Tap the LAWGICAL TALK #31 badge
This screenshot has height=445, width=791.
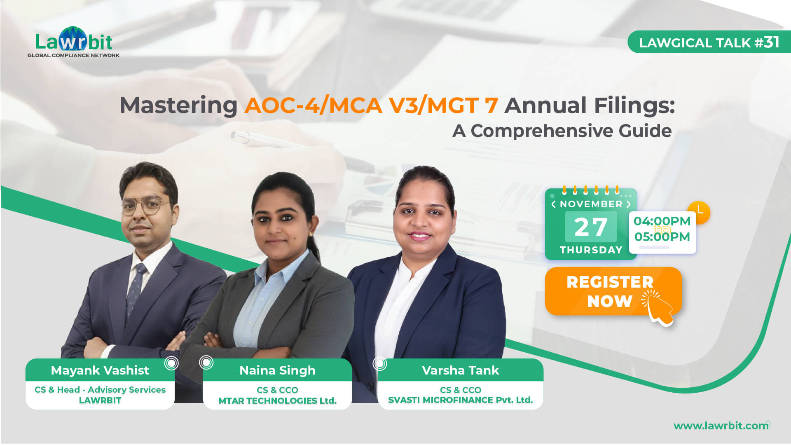click(x=709, y=42)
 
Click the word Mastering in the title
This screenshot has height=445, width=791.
click(x=178, y=105)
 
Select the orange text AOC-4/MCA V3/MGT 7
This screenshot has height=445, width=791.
click(x=371, y=105)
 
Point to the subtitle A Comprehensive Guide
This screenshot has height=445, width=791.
click(x=562, y=131)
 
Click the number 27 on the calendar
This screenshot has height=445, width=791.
click(x=590, y=227)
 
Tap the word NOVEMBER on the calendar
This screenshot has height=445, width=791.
click(x=591, y=204)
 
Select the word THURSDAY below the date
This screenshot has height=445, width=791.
click(x=591, y=250)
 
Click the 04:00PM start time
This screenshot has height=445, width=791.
click(x=662, y=221)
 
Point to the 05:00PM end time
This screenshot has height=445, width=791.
click(x=662, y=237)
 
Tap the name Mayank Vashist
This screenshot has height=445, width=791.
click(x=100, y=370)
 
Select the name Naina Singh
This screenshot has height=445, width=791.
click(x=277, y=370)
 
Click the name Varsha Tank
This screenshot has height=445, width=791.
click(x=460, y=370)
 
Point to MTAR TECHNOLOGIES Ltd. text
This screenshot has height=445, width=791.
click(x=277, y=400)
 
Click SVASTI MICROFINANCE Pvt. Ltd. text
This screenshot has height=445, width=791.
click(x=460, y=400)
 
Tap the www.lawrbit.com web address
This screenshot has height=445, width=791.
click(x=721, y=426)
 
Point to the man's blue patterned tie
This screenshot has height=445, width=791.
click(x=136, y=288)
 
